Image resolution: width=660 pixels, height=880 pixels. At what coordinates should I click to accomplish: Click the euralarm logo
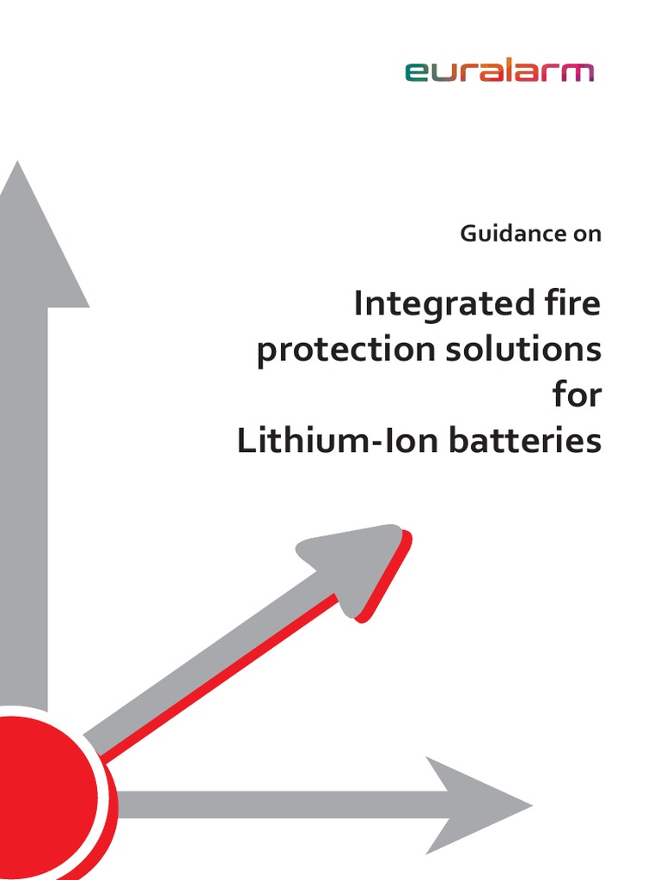point(498,72)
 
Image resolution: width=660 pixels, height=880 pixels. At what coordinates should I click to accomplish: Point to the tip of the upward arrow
point(17,168)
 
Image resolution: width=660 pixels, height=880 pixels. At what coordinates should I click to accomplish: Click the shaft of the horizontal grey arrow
point(275,805)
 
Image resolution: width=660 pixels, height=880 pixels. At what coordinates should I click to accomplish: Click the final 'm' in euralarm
point(579,73)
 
